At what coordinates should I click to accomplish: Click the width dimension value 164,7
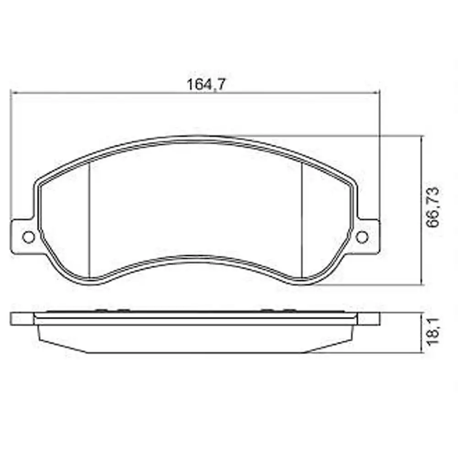click(x=207, y=84)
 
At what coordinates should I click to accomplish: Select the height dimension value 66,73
click(x=432, y=207)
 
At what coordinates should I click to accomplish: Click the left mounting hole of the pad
click(x=28, y=237)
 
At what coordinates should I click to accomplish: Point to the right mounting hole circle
click(x=362, y=237)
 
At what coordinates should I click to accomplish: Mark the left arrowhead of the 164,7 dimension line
click(x=13, y=93)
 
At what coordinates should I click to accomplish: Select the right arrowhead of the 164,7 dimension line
click(x=378, y=93)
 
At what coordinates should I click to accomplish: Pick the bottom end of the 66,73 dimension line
click(x=420, y=284)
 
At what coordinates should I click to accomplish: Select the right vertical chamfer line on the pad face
click(x=302, y=220)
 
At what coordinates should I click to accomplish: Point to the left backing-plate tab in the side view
click(x=23, y=319)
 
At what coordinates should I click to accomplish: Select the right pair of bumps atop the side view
click(x=276, y=310)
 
